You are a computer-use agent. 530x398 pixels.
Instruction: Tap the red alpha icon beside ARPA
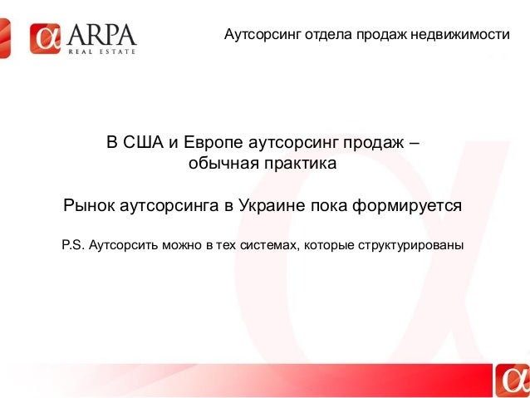[x=46, y=39]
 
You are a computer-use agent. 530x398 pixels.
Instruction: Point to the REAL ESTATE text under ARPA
[x=102, y=52]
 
